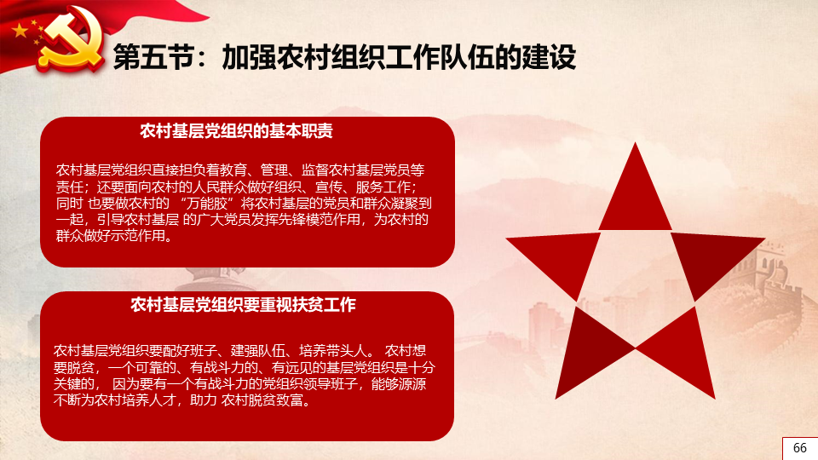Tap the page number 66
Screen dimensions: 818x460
click(800, 448)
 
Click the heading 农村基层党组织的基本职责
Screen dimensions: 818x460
click(236, 131)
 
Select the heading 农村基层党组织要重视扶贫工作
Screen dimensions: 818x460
click(243, 305)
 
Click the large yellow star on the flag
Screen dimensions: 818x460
click(20, 31)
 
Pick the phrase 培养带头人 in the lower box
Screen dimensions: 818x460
click(333, 350)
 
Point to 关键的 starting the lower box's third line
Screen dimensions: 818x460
click(73, 384)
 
